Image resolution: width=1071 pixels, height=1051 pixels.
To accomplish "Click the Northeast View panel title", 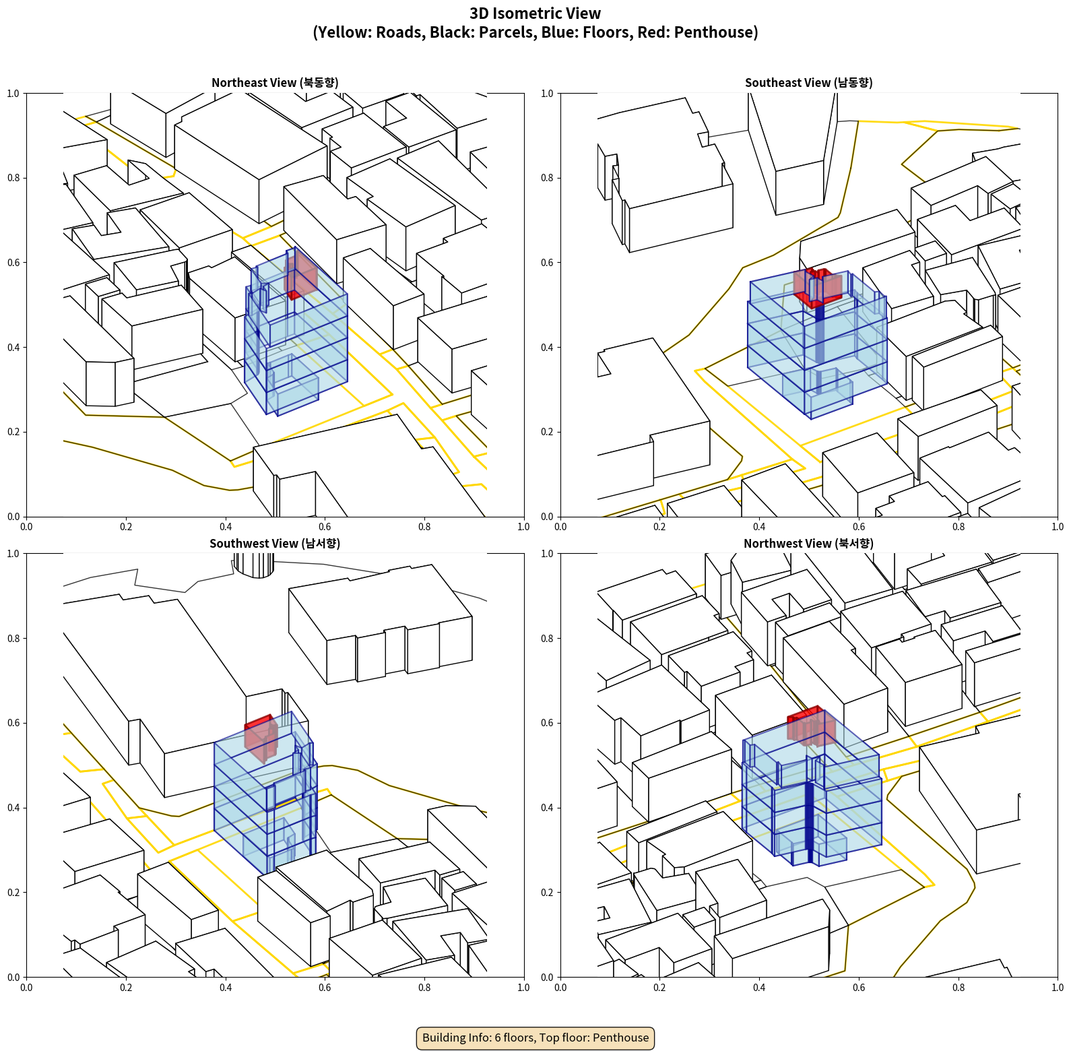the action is point(275,83).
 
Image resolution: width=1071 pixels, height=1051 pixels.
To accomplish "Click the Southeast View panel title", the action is point(808,83).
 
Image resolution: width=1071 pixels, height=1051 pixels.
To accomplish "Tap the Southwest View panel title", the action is point(275,544).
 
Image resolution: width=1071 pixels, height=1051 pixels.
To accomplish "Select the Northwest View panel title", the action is point(808,544).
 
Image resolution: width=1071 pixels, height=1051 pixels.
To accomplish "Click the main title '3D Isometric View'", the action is point(535,13).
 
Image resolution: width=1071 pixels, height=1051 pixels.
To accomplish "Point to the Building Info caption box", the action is point(535,1038).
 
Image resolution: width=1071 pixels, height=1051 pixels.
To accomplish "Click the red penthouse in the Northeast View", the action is point(300,275).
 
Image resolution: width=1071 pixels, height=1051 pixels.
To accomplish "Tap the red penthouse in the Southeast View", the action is point(818,287).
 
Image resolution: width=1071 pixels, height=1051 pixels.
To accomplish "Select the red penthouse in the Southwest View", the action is point(261,738).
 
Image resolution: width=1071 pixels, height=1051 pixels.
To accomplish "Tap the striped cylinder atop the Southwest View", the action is point(254,565).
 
